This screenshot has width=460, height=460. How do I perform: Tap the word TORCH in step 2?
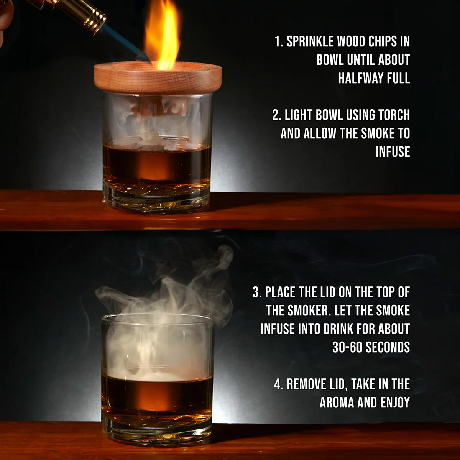(394, 115)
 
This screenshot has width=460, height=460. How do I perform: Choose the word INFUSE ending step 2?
(393, 152)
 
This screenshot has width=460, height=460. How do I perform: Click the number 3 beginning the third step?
(256, 292)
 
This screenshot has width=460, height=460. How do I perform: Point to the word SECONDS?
(388, 347)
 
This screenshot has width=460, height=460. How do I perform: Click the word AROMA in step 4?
(337, 402)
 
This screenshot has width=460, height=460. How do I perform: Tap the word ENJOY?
(395, 402)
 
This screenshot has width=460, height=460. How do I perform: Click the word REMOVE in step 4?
(306, 384)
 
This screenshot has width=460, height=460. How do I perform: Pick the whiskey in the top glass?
(157, 163)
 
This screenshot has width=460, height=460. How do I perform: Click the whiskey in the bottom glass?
(157, 395)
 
